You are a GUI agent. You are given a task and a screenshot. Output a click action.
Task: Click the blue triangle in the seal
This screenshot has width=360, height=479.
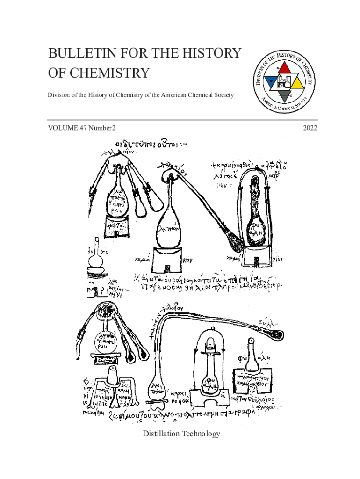point(270,85)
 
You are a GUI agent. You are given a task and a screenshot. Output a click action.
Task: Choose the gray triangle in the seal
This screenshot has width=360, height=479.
point(284,97)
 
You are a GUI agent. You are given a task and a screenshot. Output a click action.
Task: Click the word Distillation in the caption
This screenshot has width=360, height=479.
point(162,434)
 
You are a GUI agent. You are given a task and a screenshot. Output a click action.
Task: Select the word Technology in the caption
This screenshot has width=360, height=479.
point(201,434)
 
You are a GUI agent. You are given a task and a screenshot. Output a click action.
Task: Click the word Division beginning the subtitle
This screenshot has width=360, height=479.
point(59,95)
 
